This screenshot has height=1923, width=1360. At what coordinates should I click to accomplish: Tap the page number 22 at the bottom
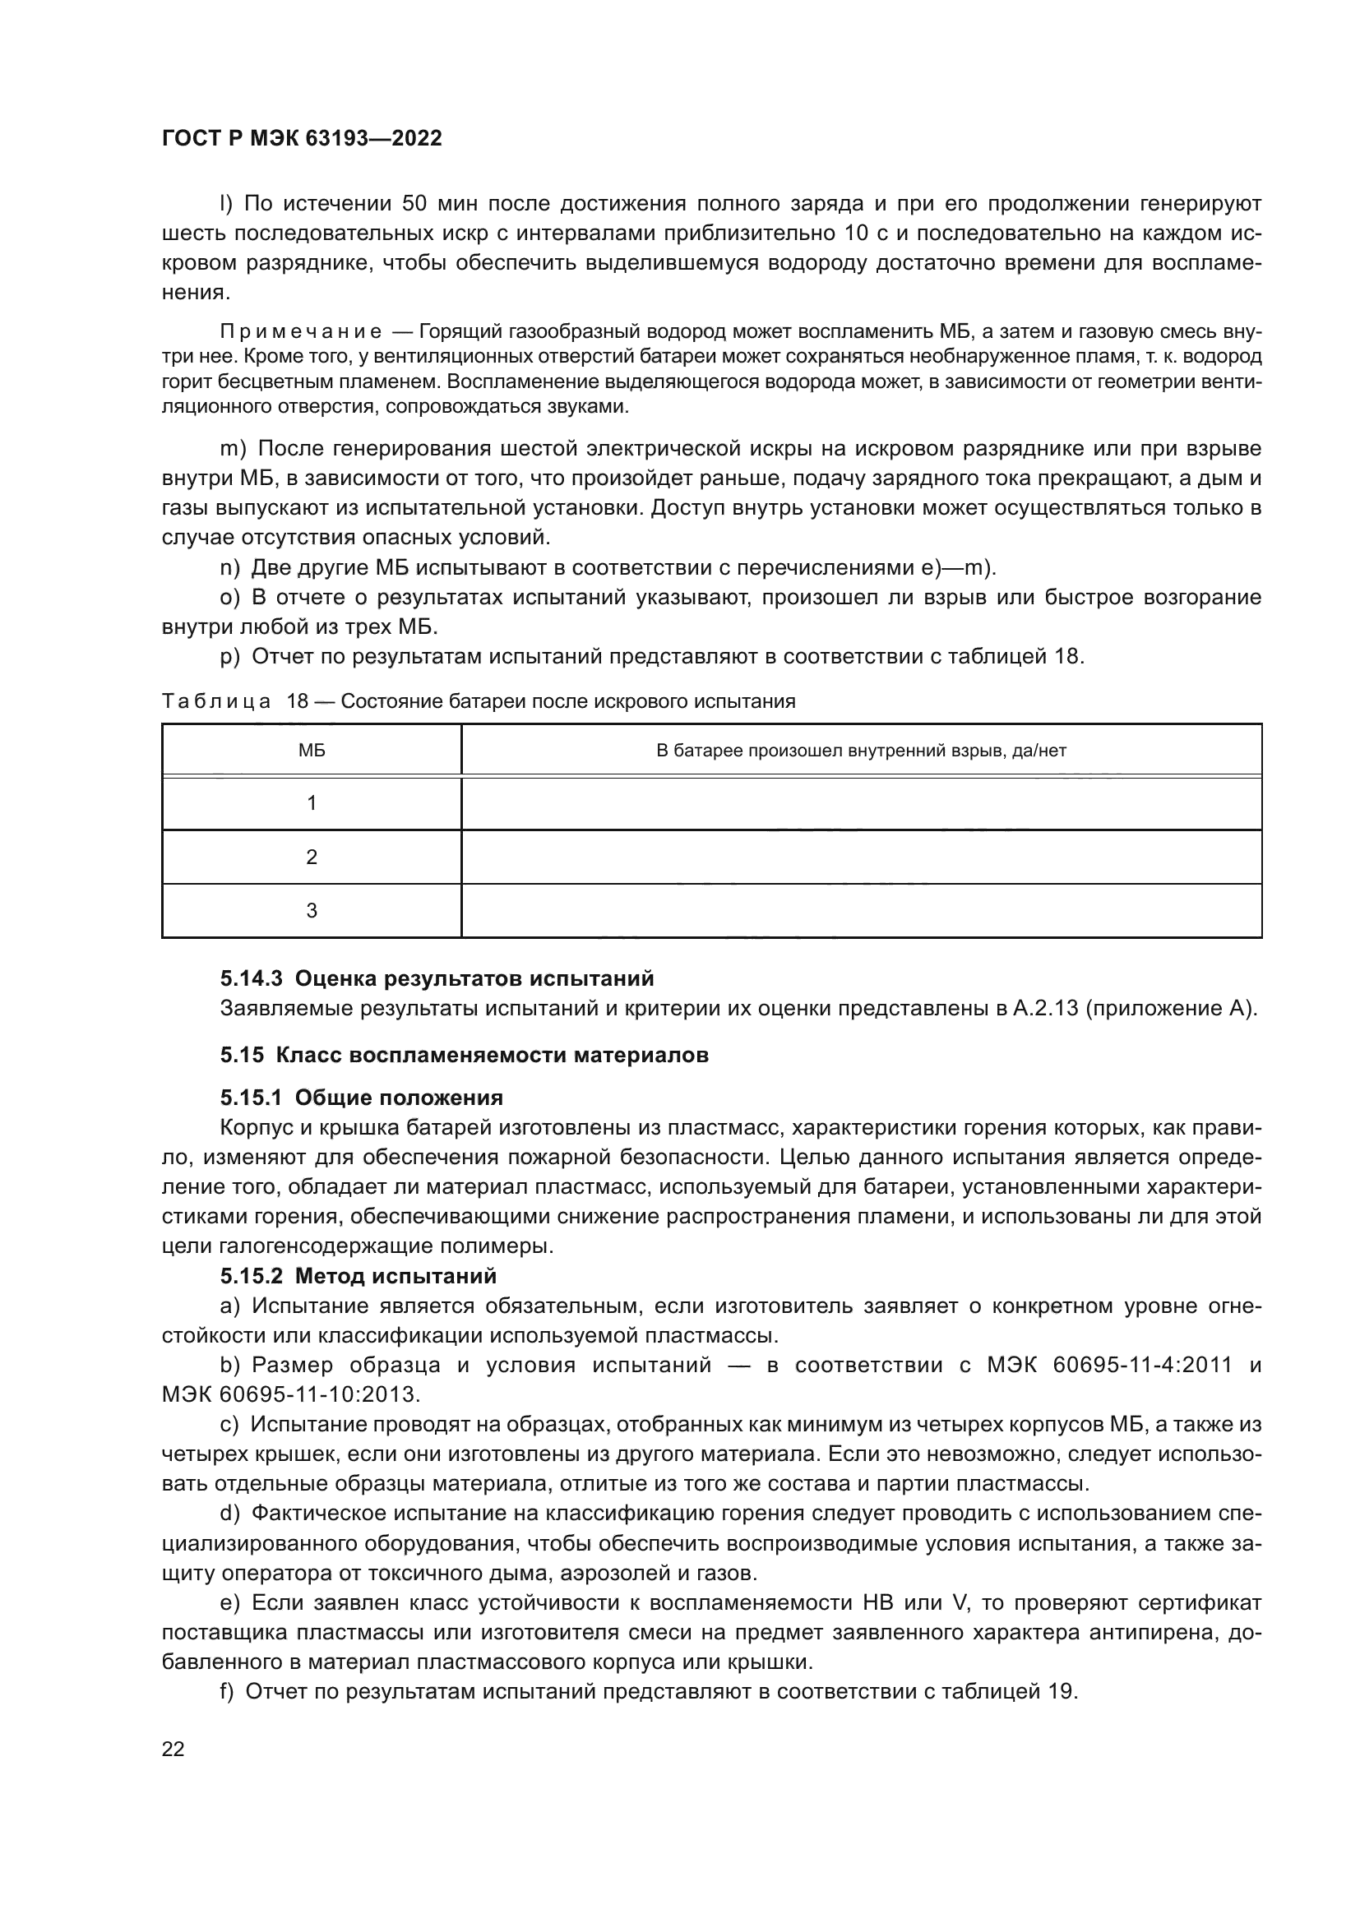tap(173, 1749)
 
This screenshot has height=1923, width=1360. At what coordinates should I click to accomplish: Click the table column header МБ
tap(312, 751)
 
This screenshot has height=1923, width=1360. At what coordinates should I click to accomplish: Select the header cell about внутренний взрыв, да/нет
tap(861, 751)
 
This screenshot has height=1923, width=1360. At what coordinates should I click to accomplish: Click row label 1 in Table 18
tap(312, 803)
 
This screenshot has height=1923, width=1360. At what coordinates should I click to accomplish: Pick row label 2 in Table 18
tap(312, 857)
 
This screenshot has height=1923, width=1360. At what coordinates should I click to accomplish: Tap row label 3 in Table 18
tap(312, 910)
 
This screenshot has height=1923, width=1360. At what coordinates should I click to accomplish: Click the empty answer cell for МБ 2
tap(861, 857)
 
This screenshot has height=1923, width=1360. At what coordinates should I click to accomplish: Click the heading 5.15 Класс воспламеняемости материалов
tap(464, 1056)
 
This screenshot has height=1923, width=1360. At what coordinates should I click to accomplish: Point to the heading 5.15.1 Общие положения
tap(362, 1098)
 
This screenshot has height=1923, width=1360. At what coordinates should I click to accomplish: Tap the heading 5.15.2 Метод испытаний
tap(359, 1277)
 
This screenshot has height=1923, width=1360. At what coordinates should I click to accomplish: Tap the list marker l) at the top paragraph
tap(226, 204)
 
